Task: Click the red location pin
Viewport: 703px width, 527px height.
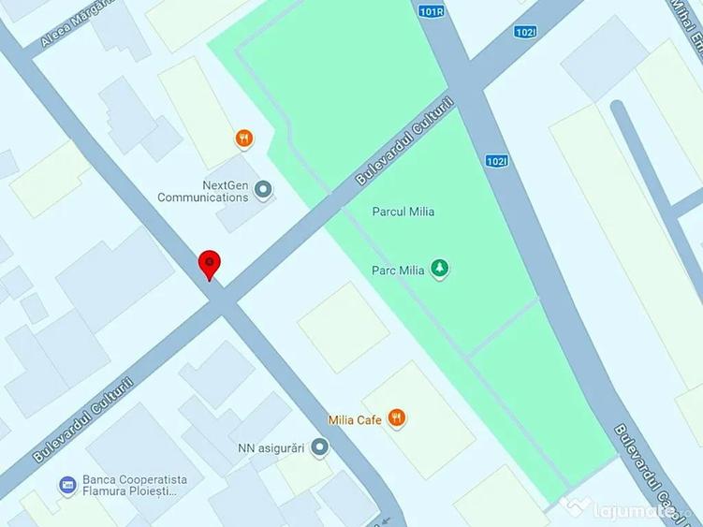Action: click(x=210, y=264)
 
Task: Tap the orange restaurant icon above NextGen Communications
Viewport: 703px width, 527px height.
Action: click(x=243, y=139)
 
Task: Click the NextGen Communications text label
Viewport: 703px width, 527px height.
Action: click(x=203, y=191)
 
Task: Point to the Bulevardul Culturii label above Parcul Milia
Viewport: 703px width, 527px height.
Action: click(x=404, y=141)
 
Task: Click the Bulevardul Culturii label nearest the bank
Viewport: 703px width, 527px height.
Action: click(x=83, y=419)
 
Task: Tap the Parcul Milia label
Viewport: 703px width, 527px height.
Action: click(x=403, y=212)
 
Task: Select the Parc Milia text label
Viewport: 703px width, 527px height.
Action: click(x=398, y=271)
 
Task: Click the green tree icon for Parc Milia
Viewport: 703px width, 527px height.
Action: click(x=439, y=271)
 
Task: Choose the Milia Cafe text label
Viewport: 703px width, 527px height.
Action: click(x=355, y=419)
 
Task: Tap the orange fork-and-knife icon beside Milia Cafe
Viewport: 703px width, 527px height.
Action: click(x=397, y=418)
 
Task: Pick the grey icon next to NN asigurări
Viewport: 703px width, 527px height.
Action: click(x=320, y=446)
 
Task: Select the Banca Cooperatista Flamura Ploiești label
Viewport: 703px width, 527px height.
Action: click(x=135, y=485)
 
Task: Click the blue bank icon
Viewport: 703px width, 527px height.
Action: click(x=66, y=485)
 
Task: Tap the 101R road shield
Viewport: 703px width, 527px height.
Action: click(x=432, y=12)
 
